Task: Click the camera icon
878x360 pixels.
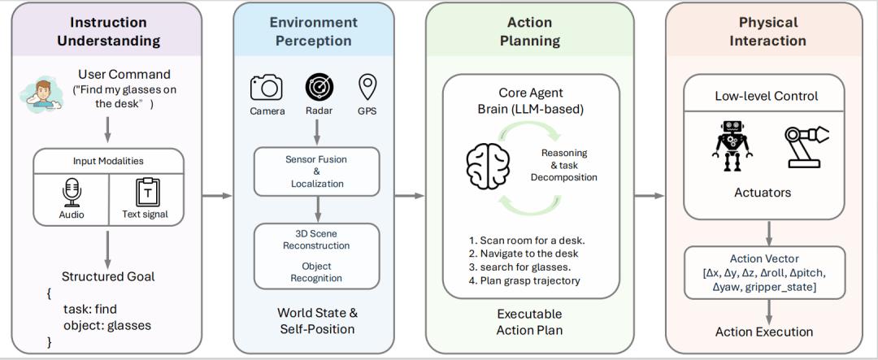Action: tap(266, 87)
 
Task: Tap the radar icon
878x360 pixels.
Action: tap(319, 87)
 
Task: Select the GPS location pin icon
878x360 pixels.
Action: tap(368, 86)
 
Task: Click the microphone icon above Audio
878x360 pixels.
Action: tap(71, 192)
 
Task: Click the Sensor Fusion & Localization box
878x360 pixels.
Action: tap(316, 171)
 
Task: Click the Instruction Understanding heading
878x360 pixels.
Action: tap(109, 31)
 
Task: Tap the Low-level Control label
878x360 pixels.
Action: tap(766, 96)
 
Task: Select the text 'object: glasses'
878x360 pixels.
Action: tap(106, 325)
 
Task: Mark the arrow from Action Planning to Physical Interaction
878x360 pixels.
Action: tap(650, 195)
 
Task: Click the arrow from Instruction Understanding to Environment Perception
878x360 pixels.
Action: tap(216, 195)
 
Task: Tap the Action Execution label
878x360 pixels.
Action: tap(764, 332)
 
